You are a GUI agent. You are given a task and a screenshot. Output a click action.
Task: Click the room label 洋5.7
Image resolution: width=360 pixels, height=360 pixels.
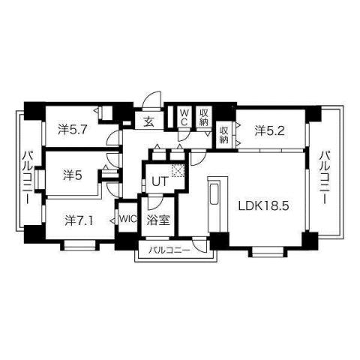click(x=73, y=128)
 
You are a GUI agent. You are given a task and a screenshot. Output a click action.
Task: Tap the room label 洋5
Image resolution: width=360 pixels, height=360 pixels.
click(x=71, y=175)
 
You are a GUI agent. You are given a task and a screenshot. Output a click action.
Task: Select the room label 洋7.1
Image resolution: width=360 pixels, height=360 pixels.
click(x=78, y=220)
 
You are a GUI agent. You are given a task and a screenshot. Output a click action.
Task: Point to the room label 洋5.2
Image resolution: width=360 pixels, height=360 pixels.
click(x=269, y=130)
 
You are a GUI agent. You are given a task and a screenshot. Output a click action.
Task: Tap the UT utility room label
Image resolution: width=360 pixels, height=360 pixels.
click(x=159, y=181)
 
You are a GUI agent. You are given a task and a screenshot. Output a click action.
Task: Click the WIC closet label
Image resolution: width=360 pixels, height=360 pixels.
click(x=126, y=220)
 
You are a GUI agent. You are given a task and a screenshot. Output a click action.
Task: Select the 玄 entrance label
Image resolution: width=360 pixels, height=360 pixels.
click(x=149, y=121)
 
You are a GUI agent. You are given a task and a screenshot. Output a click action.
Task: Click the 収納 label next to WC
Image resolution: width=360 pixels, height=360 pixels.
click(x=203, y=117)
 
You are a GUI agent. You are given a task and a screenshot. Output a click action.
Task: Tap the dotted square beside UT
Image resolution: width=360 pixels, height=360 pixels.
click(x=178, y=171)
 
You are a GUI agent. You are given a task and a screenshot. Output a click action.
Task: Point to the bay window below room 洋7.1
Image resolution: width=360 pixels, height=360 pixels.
click(x=78, y=244)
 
